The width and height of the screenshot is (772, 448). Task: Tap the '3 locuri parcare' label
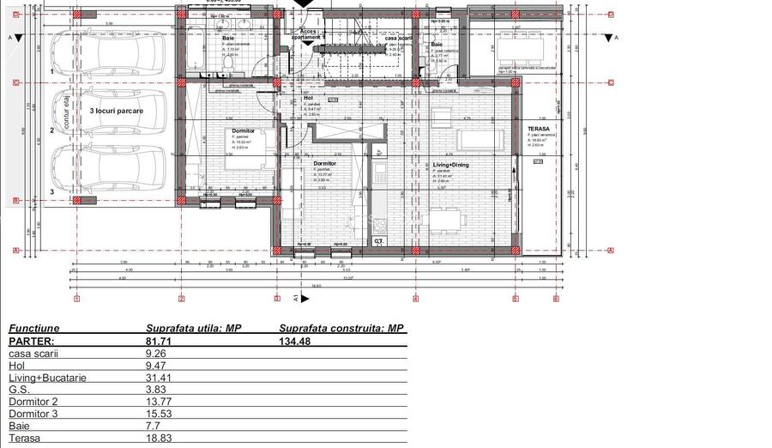(116, 112)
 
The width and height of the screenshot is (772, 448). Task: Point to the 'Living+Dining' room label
(451, 163)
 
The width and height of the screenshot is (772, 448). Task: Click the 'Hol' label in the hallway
(309, 98)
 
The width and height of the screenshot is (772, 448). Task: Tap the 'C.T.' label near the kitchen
(378, 242)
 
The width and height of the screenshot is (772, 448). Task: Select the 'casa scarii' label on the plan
(397, 38)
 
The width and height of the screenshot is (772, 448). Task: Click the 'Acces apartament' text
(305, 35)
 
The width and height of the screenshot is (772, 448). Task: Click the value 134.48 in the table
(296, 341)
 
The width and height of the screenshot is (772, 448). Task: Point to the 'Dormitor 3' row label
(33, 413)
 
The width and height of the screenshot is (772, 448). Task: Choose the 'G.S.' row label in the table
(20, 389)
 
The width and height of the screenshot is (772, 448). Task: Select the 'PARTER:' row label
(32, 341)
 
